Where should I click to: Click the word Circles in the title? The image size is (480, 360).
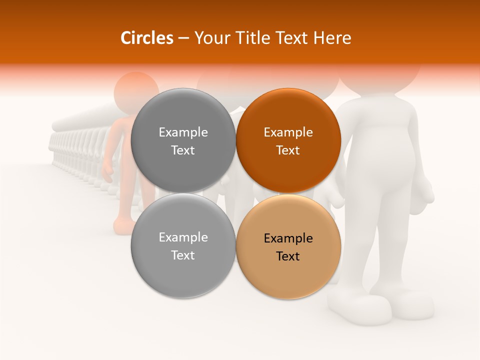tap(147, 38)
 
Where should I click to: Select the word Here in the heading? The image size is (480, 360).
tap(332, 38)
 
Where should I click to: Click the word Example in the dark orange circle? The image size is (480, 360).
tap(288, 132)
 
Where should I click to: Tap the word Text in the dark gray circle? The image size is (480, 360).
tap(183, 150)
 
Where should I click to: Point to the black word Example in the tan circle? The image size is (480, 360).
tap(288, 238)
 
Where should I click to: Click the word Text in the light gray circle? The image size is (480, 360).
tap(183, 255)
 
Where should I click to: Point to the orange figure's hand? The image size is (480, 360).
tap(108, 172)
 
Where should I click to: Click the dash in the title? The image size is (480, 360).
tap(183, 38)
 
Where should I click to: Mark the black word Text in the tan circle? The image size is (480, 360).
tap(288, 256)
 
